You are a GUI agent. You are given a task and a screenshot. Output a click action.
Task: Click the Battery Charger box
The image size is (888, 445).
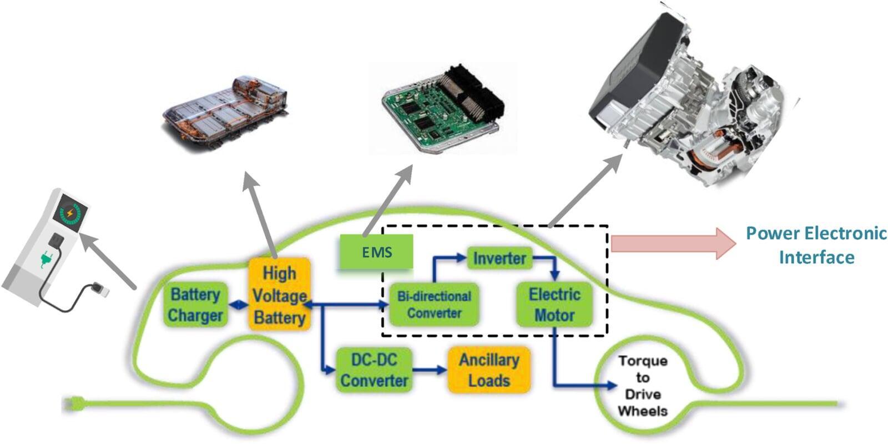[195, 305]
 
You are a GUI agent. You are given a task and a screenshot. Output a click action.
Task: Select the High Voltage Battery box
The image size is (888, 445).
[279, 295]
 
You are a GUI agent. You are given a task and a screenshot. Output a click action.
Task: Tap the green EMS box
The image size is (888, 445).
[377, 252]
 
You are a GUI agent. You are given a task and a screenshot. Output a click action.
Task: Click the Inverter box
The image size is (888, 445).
[499, 259]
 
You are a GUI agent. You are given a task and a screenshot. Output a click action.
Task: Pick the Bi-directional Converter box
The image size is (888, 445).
[433, 305]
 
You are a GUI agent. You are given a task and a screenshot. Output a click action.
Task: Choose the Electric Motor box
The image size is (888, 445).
[554, 305]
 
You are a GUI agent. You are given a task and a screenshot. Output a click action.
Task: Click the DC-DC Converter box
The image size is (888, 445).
[374, 370]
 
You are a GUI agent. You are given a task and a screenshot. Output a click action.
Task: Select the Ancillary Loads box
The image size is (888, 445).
[488, 370]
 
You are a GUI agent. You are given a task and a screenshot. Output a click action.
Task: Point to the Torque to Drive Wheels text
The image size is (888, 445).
[643, 386]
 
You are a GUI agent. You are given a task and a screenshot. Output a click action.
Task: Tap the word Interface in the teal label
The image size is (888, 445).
[816, 257]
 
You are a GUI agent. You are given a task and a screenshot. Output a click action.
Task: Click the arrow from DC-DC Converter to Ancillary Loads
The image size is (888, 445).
[430, 370]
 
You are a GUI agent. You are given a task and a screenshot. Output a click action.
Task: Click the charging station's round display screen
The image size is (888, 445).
[69, 214]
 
